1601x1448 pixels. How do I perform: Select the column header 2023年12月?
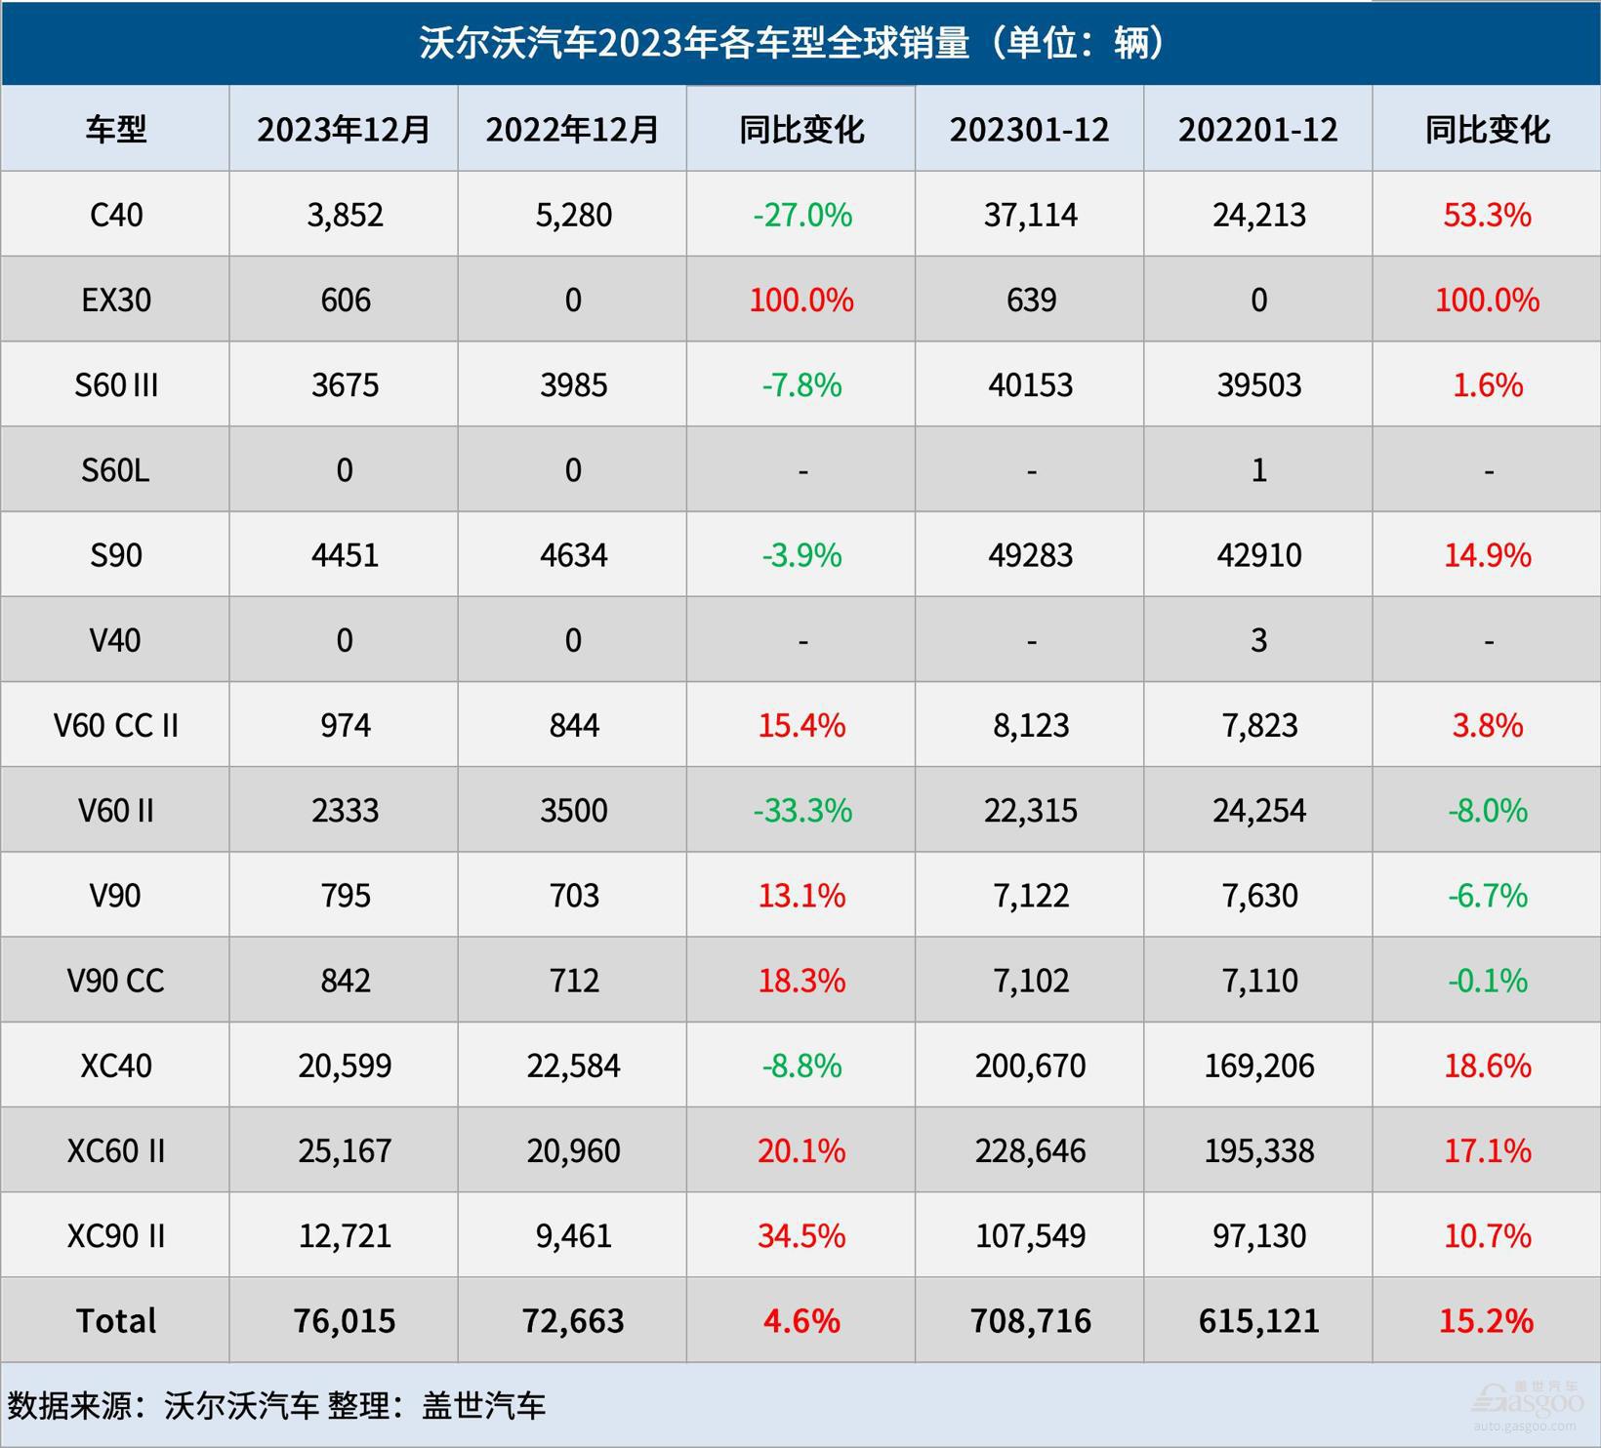(x=344, y=129)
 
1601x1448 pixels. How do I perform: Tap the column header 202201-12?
(x=1257, y=129)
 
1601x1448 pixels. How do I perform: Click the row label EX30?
(x=115, y=300)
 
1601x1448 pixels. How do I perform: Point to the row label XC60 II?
(x=115, y=1150)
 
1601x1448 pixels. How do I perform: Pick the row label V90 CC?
(x=115, y=981)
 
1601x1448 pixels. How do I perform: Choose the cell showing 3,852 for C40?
(x=345, y=215)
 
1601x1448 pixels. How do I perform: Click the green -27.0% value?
(x=801, y=215)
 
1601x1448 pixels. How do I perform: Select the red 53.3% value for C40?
(x=1486, y=215)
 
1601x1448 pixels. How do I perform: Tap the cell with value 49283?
(x=1030, y=555)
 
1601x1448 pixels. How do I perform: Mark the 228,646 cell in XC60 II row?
(x=1030, y=1150)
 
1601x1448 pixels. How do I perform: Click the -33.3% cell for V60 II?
(x=801, y=811)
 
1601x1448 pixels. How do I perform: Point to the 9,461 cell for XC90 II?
(x=573, y=1236)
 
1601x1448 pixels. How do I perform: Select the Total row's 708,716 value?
(x=1030, y=1321)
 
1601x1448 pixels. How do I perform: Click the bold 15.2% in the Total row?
(x=1486, y=1321)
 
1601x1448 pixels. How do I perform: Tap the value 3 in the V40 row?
(x=1258, y=640)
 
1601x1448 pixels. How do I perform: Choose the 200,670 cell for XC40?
(x=1030, y=1066)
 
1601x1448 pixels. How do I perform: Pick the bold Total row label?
(x=115, y=1321)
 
